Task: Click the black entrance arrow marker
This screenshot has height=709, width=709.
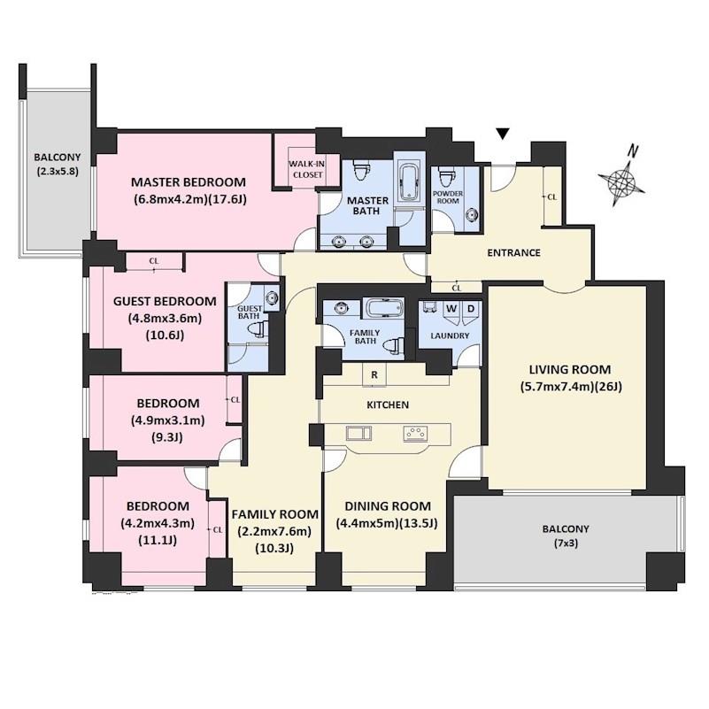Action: point(503,134)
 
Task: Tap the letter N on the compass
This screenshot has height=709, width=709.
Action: point(634,151)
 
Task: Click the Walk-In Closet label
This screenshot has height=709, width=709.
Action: point(307,169)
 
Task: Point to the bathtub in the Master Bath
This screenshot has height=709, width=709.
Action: point(409,181)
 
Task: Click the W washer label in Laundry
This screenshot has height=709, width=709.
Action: point(451,309)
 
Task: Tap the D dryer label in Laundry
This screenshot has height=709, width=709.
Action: point(471,309)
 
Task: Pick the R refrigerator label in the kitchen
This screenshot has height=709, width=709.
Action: point(374,374)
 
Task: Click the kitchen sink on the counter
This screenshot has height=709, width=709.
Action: point(359,433)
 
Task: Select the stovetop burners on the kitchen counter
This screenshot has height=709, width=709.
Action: point(415,433)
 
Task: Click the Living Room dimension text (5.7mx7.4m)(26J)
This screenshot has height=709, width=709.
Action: point(570,387)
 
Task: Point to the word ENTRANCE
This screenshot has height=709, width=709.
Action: point(513,252)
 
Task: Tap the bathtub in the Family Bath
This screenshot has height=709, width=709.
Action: point(384,308)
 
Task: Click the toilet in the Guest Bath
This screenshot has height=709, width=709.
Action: point(258,329)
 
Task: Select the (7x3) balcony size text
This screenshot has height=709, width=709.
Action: point(566,543)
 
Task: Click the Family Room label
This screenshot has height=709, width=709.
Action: point(275,514)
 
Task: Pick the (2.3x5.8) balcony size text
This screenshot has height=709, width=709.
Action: point(58,172)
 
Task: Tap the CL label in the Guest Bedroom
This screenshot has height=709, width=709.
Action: point(154,261)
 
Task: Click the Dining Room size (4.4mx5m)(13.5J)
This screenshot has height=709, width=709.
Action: point(387,523)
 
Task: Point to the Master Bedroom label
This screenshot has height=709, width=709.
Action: point(189,182)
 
